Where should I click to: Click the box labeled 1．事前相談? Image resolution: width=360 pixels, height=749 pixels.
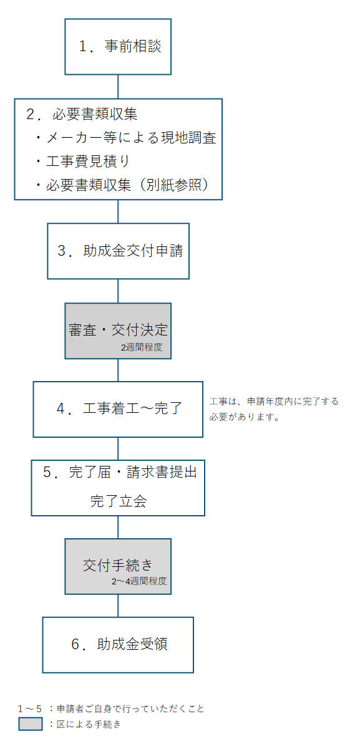point(118,47)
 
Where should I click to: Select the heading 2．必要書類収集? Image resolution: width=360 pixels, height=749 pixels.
point(82,115)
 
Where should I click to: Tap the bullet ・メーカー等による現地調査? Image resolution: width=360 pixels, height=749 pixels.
point(125,138)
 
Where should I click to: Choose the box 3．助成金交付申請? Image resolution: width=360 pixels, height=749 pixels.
point(119,251)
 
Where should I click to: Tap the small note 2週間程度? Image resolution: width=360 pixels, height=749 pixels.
point(142,347)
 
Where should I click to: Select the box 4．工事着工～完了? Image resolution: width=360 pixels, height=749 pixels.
point(118,409)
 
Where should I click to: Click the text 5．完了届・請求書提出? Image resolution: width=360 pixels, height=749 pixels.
point(120,472)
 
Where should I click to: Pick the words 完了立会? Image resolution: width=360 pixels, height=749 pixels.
point(119,501)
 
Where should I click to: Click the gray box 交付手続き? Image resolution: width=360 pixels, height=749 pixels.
point(118,565)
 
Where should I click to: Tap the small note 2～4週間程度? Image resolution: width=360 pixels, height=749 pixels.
point(139,582)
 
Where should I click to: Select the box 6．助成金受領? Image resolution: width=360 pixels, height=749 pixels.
point(118,645)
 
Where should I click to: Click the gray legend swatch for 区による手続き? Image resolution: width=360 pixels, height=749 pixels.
point(31,724)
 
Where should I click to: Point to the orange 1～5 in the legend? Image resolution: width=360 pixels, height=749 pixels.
point(30,708)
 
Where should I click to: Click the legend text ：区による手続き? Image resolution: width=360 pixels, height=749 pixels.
point(84,724)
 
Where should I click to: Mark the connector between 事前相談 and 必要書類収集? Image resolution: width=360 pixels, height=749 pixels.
point(118,87)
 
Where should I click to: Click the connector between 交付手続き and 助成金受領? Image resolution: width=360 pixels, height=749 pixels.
point(118,605)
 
